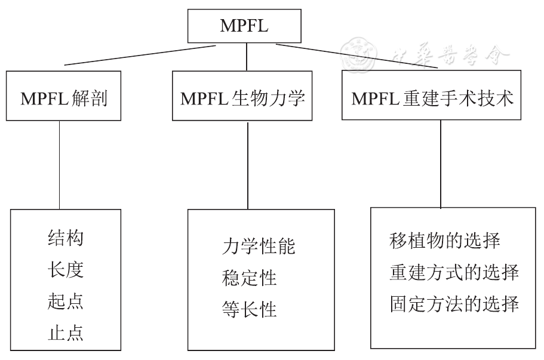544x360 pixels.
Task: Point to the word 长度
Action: click(x=65, y=270)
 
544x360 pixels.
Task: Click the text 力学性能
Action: click(x=258, y=247)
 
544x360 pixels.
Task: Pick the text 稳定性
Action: click(x=249, y=278)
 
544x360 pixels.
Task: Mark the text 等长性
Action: click(x=249, y=309)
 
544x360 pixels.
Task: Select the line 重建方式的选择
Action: click(x=453, y=272)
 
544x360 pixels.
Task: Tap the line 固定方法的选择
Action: click(x=453, y=304)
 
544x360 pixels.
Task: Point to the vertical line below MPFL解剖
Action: click(x=60, y=164)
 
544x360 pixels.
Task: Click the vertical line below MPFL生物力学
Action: click(x=248, y=164)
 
